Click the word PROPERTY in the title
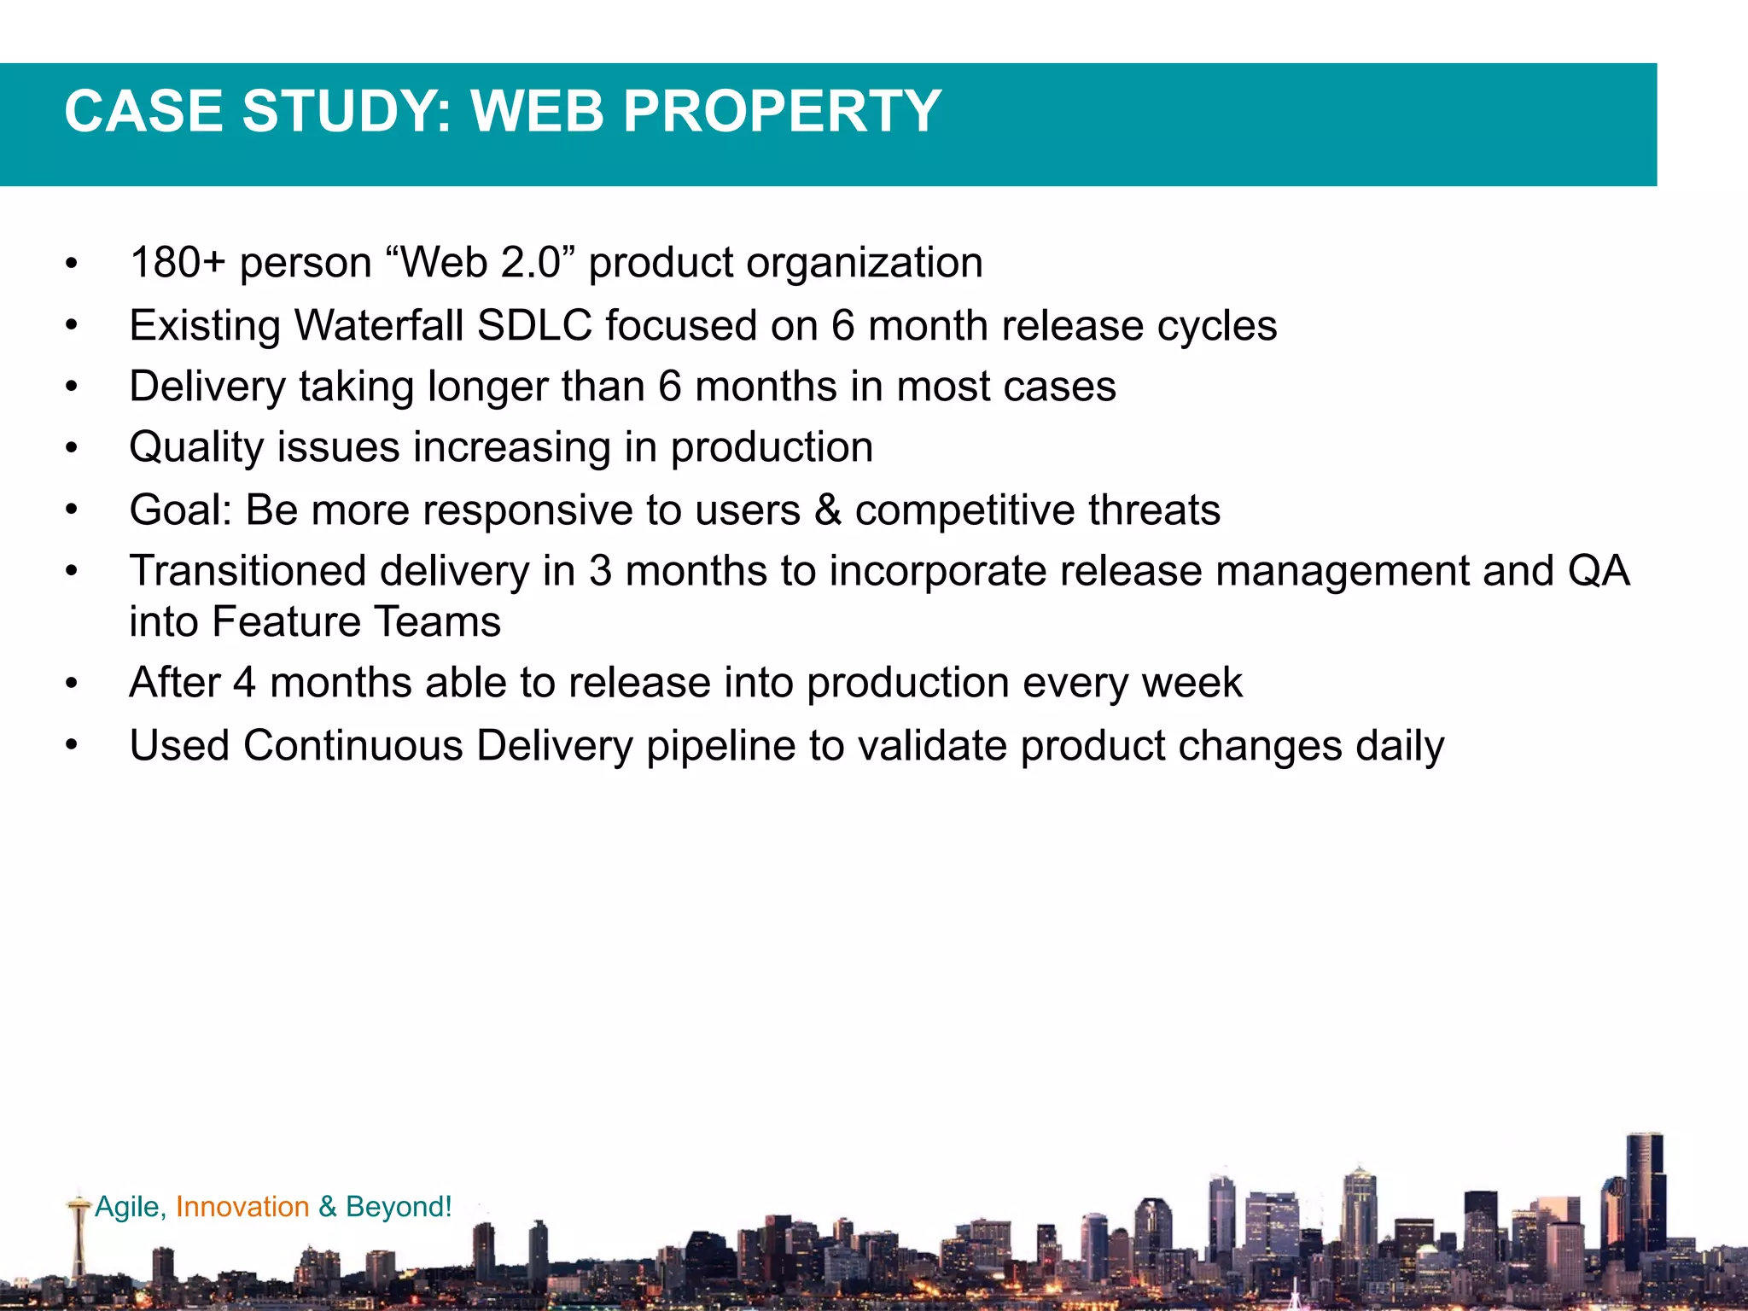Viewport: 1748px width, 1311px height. point(782,112)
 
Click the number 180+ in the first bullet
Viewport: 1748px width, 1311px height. point(177,262)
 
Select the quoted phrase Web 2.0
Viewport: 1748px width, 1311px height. point(483,262)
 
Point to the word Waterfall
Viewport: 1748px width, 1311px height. point(380,325)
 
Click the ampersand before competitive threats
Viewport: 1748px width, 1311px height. point(827,510)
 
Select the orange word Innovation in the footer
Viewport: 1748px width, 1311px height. point(242,1206)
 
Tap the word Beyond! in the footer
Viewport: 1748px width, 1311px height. point(399,1206)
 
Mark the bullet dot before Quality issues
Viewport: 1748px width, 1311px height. point(72,448)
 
